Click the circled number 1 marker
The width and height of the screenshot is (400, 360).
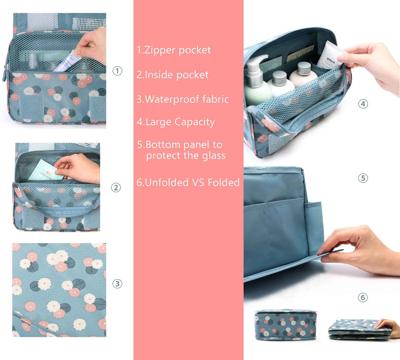click(x=117, y=71)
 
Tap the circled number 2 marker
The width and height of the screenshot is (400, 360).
click(x=116, y=188)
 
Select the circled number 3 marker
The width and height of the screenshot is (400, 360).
click(x=117, y=284)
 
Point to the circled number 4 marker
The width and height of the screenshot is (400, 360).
click(x=363, y=104)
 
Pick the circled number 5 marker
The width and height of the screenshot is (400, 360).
click(x=363, y=178)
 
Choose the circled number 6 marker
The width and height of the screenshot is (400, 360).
click(x=363, y=298)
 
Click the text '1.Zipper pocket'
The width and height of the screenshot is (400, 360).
click(x=173, y=50)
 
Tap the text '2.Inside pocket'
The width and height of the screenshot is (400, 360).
click(x=172, y=75)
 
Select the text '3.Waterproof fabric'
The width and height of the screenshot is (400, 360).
click(x=182, y=99)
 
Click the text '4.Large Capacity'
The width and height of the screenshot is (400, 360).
click(x=175, y=122)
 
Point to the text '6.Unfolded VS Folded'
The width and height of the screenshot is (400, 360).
click(x=188, y=183)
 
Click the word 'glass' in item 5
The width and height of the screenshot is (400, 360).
click(x=212, y=156)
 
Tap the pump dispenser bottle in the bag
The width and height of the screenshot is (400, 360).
click(x=257, y=82)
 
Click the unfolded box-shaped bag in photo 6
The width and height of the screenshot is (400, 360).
click(x=285, y=324)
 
